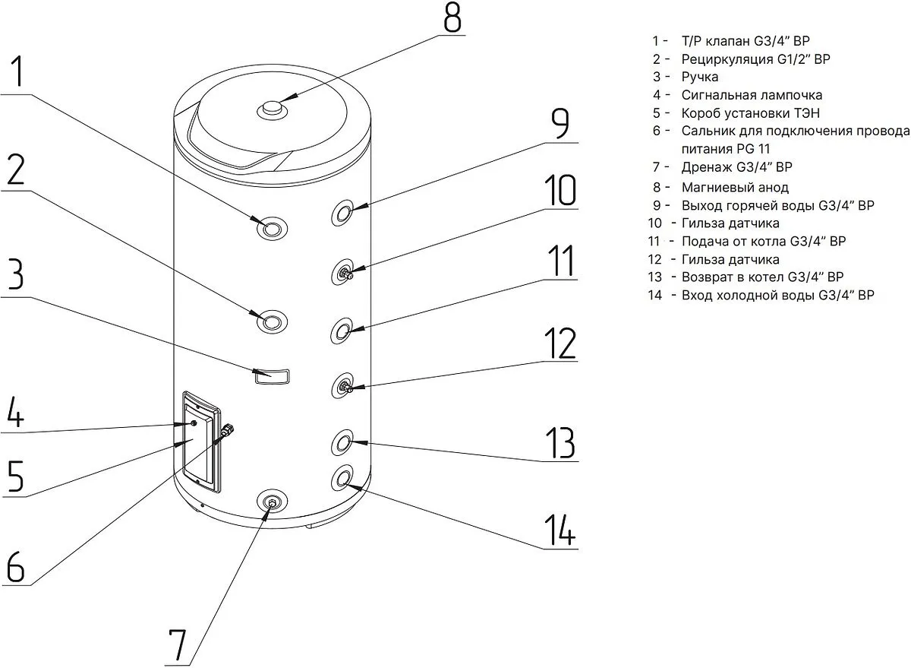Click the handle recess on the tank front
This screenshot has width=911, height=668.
[x=273, y=375]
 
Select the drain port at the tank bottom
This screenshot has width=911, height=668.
[x=271, y=502]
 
